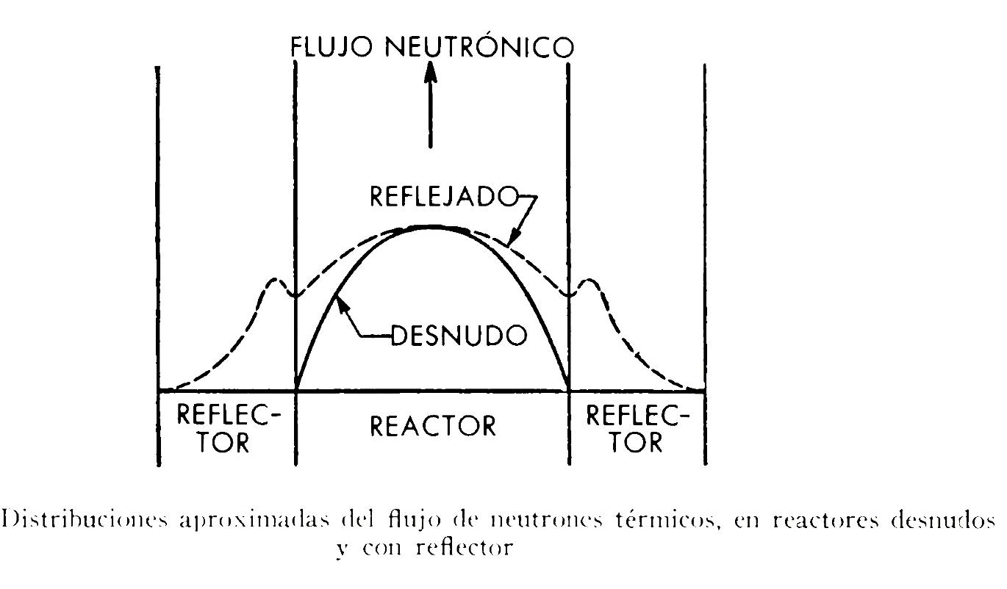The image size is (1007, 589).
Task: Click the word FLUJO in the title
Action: click(332, 47)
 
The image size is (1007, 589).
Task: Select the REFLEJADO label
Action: click(443, 198)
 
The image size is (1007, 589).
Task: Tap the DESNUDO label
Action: click(459, 335)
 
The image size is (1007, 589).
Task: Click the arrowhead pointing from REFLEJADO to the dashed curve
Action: click(514, 236)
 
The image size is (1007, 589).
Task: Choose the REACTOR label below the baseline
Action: click(433, 426)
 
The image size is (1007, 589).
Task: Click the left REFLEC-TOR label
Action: click(229, 428)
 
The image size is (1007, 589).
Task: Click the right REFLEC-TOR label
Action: click(637, 428)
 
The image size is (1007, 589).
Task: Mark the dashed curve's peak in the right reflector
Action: click(589, 281)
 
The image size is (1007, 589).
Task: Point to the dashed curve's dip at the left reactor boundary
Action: click(295, 296)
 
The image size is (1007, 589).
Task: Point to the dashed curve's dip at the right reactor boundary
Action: click(569, 295)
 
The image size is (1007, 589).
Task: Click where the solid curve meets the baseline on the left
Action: click(295, 390)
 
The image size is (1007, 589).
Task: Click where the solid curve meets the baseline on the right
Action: click(569, 390)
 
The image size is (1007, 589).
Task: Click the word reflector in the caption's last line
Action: click(465, 548)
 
